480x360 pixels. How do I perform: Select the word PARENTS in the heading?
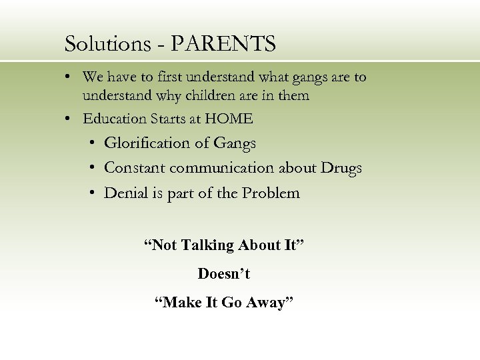(223, 44)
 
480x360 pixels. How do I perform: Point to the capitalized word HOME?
(229, 119)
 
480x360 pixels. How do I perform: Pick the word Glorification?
(147, 143)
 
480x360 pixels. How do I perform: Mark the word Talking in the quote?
(209, 245)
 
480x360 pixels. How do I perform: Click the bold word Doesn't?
(224, 274)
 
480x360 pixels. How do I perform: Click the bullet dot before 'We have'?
(69, 77)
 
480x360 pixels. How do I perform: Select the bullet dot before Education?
(69, 119)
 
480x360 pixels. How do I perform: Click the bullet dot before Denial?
(90, 193)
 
